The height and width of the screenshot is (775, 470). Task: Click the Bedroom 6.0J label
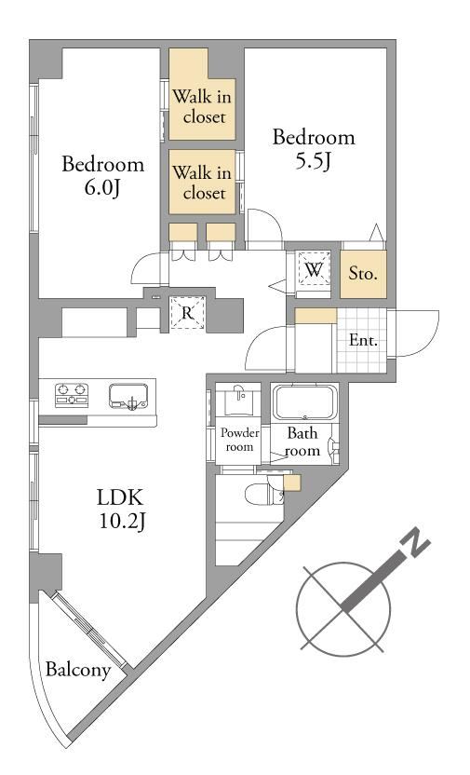tap(102, 176)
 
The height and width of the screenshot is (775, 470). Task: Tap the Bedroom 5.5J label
tap(314, 149)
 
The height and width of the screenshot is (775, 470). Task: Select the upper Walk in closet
tap(202, 95)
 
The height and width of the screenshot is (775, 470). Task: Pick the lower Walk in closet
tap(202, 182)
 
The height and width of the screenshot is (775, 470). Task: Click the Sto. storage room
tap(363, 273)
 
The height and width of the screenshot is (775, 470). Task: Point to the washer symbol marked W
tap(314, 270)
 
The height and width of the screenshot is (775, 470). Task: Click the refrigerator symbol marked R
tap(187, 312)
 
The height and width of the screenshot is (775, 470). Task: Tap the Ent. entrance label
tap(363, 340)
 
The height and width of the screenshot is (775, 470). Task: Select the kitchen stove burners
tap(72, 395)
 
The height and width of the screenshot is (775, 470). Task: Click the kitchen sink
tap(128, 396)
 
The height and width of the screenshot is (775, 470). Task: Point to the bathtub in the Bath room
tap(304, 402)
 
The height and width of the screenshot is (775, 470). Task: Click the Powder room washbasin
tap(240, 400)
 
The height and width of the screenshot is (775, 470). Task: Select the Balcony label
tap(78, 671)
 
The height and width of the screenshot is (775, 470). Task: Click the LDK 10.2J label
tap(121, 510)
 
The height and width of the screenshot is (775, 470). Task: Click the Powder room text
tap(240, 440)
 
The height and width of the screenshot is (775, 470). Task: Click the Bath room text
tap(302, 442)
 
